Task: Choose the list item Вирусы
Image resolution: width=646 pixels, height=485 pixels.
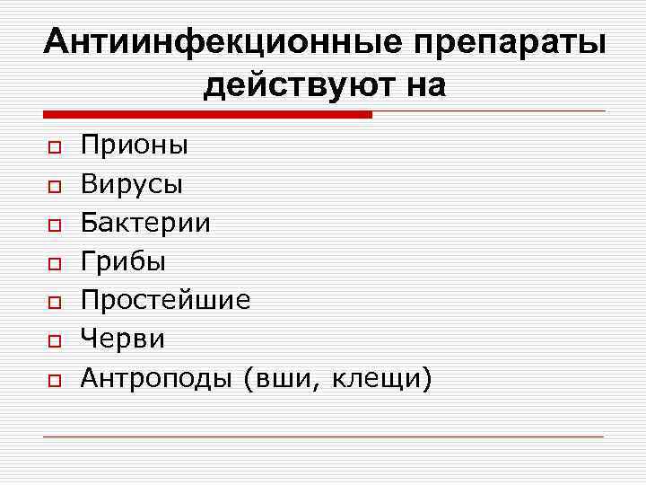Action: (x=132, y=184)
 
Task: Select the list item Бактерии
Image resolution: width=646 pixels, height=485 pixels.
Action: (x=146, y=223)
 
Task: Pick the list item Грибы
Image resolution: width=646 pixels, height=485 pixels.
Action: (x=123, y=261)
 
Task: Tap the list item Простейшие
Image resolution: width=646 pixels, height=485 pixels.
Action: (x=165, y=300)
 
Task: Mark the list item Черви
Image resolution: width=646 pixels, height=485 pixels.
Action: (x=123, y=339)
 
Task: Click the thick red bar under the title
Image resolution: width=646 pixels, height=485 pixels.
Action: (x=206, y=115)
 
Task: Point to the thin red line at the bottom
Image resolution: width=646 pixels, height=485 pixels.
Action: (x=323, y=436)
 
